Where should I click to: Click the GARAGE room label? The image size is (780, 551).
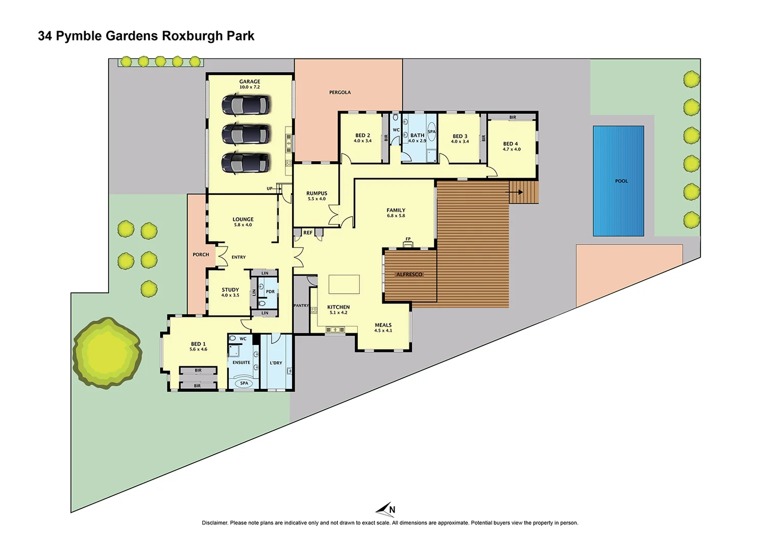click(250, 82)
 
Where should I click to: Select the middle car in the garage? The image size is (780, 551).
click(246, 135)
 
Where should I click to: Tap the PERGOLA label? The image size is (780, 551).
click(340, 92)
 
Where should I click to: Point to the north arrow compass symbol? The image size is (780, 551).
click(386, 509)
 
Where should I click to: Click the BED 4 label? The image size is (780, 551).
click(510, 144)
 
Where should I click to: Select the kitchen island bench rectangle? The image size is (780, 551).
click(344, 284)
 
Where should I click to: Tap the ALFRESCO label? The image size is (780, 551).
click(409, 274)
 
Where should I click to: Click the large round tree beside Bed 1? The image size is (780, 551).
click(107, 353)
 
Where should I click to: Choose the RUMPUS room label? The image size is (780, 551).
click(316, 193)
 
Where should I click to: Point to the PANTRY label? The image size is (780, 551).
click(301, 306)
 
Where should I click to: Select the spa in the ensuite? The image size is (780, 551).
click(244, 383)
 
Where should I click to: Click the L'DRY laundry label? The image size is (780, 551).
click(276, 363)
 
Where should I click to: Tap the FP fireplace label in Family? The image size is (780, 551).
click(408, 239)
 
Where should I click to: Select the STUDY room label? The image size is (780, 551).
click(230, 290)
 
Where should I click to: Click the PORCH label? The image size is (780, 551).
click(201, 255)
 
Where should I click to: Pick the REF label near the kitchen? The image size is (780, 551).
click(308, 233)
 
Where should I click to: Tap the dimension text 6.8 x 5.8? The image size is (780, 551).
click(396, 216)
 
